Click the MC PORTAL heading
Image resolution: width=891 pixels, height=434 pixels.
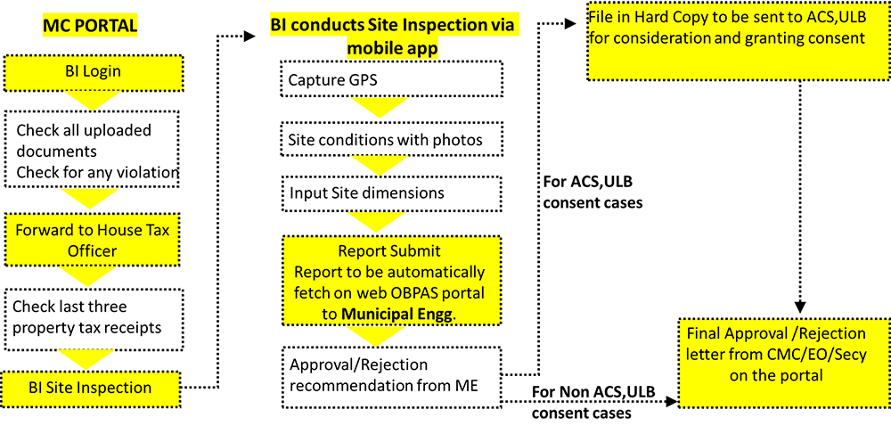coord(90,26)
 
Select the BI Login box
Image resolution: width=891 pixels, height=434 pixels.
coord(94,73)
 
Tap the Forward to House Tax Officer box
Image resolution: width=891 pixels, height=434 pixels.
coord(92,241)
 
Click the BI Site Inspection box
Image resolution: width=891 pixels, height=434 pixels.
coord(92,389)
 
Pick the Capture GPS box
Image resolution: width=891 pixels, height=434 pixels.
coord(392,79)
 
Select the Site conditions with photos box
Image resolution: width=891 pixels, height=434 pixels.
coord(392,139)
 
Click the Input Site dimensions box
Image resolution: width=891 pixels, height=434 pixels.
coord(392,193)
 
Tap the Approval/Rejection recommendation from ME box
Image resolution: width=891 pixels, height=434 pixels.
coord(392,376)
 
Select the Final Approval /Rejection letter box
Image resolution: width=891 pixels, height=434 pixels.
coord(783,363)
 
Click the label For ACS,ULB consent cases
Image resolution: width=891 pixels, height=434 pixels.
coord(593,192)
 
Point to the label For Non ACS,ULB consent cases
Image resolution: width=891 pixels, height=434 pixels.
coord(593,403)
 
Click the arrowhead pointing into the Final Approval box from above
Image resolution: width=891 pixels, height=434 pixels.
coord(800,307)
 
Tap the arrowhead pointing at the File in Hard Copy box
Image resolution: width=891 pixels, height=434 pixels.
coord(570,24)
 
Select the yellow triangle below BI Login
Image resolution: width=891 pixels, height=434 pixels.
coord(94,101)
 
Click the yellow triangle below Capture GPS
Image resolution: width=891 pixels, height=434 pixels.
coord(380,107)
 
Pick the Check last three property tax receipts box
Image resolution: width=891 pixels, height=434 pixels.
coord(94,319)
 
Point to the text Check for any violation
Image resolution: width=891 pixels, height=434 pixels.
coord(98,172)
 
